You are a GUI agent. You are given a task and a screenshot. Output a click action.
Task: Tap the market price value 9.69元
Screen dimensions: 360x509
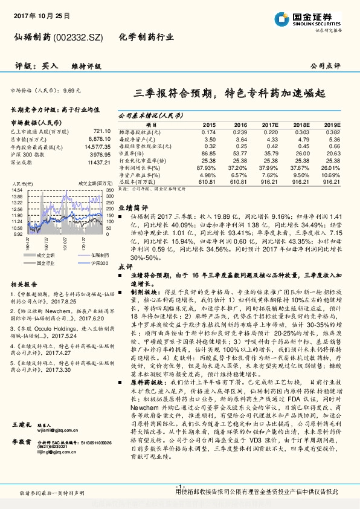71,90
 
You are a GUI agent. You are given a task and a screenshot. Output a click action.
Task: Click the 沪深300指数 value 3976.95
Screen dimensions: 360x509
98,155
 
